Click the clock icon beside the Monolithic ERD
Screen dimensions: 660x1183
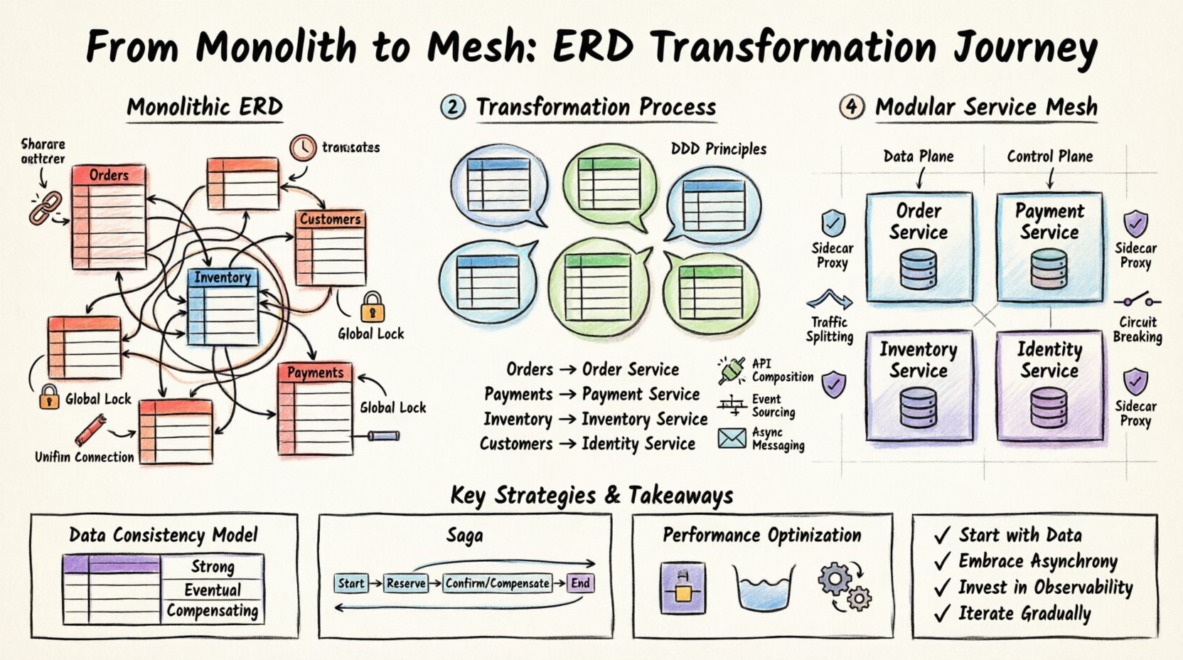pos(302,147)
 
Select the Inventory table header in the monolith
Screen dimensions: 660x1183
pos(223,277)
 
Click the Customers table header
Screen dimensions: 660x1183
pos(330,219)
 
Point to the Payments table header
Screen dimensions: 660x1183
pos(315,372)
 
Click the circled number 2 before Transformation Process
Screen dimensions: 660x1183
pos(453,107)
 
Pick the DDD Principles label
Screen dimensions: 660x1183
pos(718,149)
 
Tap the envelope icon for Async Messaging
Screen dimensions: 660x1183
pos(732,438)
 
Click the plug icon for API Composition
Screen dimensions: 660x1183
pos(732,370)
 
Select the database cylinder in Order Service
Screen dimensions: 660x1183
pos(918,269)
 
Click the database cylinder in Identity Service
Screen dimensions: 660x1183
pos(1049,408)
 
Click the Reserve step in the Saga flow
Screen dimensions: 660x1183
pos(405,583)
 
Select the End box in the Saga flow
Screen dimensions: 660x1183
pos(580,583)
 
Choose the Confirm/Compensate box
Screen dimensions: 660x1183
pos(497,583)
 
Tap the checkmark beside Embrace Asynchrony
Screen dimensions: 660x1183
pos(942,562)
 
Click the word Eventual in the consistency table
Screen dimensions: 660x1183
pos(213,590)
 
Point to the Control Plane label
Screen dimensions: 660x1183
pos(1049,156)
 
